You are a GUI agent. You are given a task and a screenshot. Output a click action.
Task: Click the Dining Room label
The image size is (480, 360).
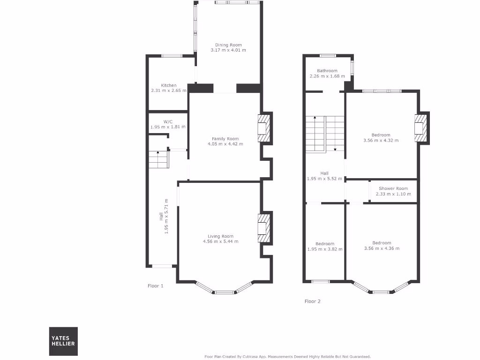coord(228,45)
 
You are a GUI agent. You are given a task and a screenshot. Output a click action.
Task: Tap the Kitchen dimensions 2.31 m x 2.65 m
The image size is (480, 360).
coord(168,90)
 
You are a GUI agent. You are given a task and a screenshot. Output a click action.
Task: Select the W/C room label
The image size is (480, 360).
coord(168,121)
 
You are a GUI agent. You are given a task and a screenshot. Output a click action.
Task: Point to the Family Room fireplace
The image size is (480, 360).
coord(263,127)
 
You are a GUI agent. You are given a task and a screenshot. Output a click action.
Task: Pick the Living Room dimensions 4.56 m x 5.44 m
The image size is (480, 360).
coord(220,242)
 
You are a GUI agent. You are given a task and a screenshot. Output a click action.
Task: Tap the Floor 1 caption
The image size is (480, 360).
coord(155,285)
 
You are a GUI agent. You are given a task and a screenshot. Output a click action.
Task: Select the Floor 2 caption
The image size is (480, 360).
coord(312,301)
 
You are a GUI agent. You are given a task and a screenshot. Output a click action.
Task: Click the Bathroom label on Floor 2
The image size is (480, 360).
coord(327,71)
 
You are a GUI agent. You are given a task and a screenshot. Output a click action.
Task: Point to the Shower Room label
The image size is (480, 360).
coord(393,188)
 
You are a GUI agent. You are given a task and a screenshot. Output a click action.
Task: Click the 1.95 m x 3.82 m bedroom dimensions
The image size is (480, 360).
coord(325,249)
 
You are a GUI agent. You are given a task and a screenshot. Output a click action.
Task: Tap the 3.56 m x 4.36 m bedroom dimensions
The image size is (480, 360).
coord(382,248)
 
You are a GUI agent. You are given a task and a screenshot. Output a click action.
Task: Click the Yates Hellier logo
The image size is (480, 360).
coord(64,341)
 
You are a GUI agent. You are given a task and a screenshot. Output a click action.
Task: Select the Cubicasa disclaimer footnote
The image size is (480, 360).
coord(287,356)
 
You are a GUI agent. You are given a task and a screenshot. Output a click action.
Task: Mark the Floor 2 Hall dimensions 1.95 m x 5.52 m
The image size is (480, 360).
coord(324,179)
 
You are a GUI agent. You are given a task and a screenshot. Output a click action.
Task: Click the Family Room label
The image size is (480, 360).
coord(225,139)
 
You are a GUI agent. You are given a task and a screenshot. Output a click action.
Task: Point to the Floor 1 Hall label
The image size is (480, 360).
coord(161,217)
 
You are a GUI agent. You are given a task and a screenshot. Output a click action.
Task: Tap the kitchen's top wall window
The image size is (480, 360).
coord(172,56)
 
